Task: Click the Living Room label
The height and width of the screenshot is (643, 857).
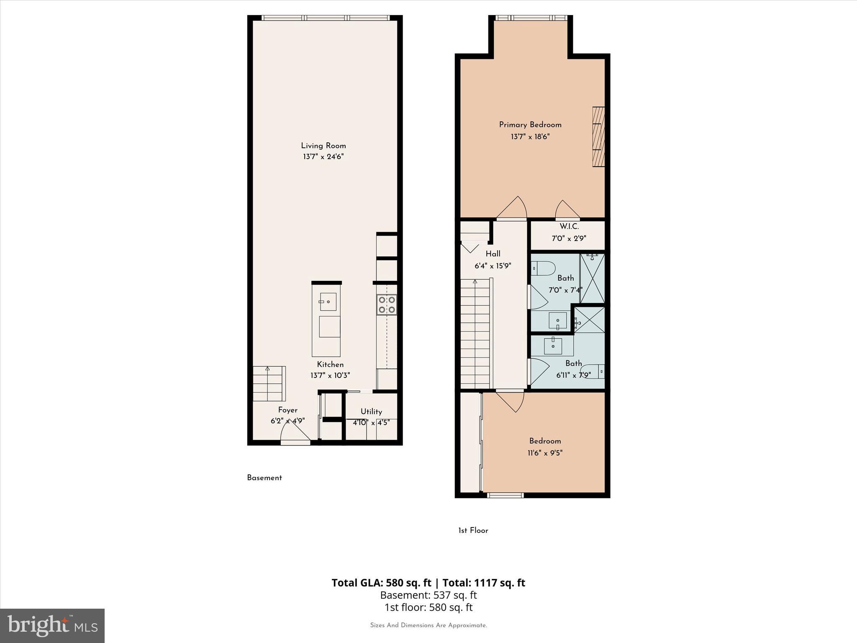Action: (x=323, y=146)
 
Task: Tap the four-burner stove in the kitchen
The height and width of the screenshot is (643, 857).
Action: (x=387, y=305)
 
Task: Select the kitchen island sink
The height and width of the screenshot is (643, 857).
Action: (x=328, y=302)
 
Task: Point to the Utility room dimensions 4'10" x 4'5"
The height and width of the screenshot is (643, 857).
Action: (x=371, y=423)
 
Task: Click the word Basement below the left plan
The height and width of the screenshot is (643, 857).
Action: (x=264, y=478)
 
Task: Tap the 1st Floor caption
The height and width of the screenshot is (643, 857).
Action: (x=473, y=530)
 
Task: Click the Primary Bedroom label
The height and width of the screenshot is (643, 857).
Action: (x=530, y=125)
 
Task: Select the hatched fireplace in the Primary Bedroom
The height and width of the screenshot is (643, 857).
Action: (x=598, y=137)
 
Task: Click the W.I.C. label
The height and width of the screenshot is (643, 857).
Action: (x=569, y=226)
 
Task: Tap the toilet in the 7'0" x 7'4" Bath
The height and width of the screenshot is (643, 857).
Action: (x=543, y=268)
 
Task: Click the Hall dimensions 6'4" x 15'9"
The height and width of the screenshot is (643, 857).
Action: (x=493, y=266)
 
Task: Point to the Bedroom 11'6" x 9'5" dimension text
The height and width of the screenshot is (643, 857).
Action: (x=544, y=453)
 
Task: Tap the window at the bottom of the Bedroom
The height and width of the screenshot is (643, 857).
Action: (x=505, y=495)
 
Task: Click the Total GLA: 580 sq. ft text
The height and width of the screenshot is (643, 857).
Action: (x=381, y=583)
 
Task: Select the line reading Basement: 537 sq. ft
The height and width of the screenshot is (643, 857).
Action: (x=428, y=595)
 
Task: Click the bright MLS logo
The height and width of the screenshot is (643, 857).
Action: (x=52, y=625)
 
